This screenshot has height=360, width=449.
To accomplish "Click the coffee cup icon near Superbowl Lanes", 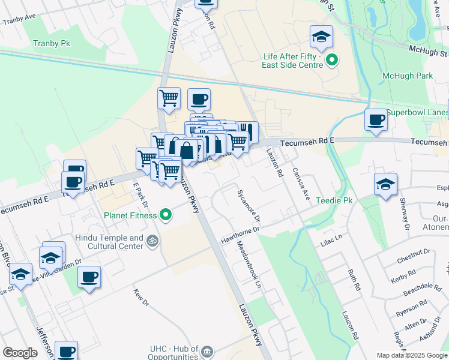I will click(x=376, y=120).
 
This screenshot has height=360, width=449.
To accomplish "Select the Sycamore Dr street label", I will click(x=249, y=206).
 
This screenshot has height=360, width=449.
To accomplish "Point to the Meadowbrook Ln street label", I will click(x=250, y=264).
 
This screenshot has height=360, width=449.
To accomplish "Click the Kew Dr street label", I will click(x=140, y=295).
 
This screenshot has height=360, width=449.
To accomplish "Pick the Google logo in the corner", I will click(x=20, y=353).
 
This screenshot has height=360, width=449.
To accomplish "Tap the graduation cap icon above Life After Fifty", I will click(x=321, y=38).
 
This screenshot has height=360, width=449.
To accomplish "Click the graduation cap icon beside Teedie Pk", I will click(x=385, y=184).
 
